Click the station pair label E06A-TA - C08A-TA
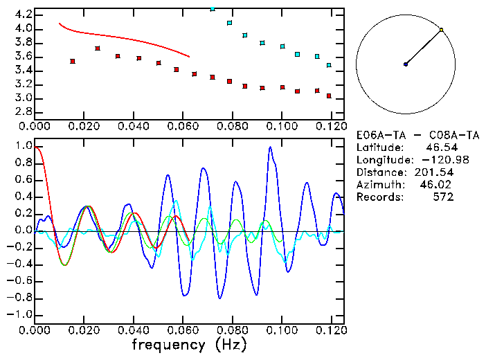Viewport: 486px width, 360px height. (x=405, y=135)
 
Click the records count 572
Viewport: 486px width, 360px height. (x=442, y=197)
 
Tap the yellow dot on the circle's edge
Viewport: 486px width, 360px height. (x=441, y=30)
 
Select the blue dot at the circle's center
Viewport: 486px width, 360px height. (x=406, y=64)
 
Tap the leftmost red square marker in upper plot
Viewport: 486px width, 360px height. (x=73, y=62)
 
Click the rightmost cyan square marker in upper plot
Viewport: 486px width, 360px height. (x=329, y=65)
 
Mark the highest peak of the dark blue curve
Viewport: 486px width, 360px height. (x=270, y=147)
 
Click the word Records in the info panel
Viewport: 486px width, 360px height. (x=377, y=197)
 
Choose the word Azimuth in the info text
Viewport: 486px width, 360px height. (x=377, y=185)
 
